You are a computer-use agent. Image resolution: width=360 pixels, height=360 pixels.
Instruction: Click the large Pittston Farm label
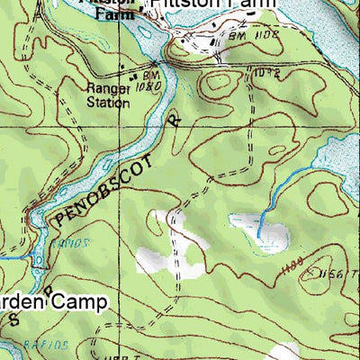coord(211,6)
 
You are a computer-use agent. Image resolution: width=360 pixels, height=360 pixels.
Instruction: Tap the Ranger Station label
coord(108,95)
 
